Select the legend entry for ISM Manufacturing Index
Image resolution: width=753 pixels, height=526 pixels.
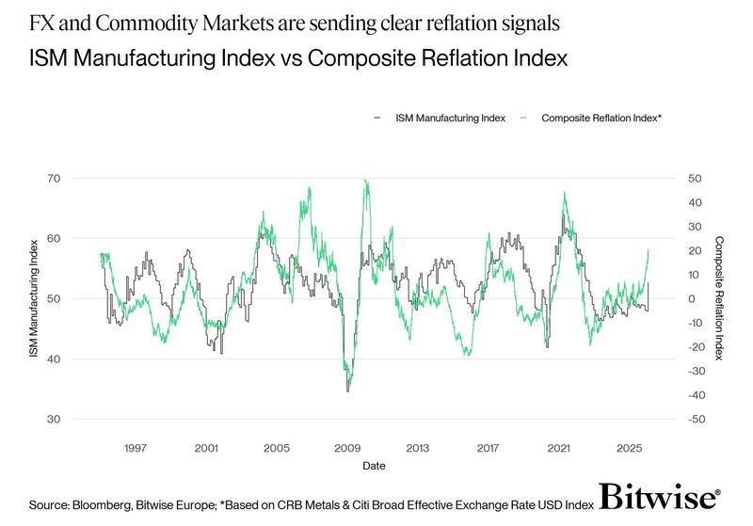coord(451,118)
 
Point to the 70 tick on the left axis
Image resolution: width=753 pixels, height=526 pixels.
coord(54,178)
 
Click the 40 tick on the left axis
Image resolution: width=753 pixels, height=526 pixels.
coord(54,359)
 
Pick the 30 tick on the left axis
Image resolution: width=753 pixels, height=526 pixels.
coord(54,419)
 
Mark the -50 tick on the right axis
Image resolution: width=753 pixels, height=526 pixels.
coord(696,419)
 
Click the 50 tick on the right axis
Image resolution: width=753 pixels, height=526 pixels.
coord(694,178)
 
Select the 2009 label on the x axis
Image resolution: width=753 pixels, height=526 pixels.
coord(346,447)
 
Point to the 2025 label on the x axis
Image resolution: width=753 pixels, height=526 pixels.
coord(628,447)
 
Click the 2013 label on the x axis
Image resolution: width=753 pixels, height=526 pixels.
coord(417,447)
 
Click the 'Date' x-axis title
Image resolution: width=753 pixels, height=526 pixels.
coord(373,465)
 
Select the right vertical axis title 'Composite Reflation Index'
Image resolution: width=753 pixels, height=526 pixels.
coord(719,298)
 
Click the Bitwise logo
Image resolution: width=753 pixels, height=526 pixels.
coord(661,500)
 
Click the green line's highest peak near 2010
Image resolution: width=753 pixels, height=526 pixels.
coord(365,180)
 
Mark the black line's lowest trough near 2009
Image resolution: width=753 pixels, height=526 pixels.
coord(347,391)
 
